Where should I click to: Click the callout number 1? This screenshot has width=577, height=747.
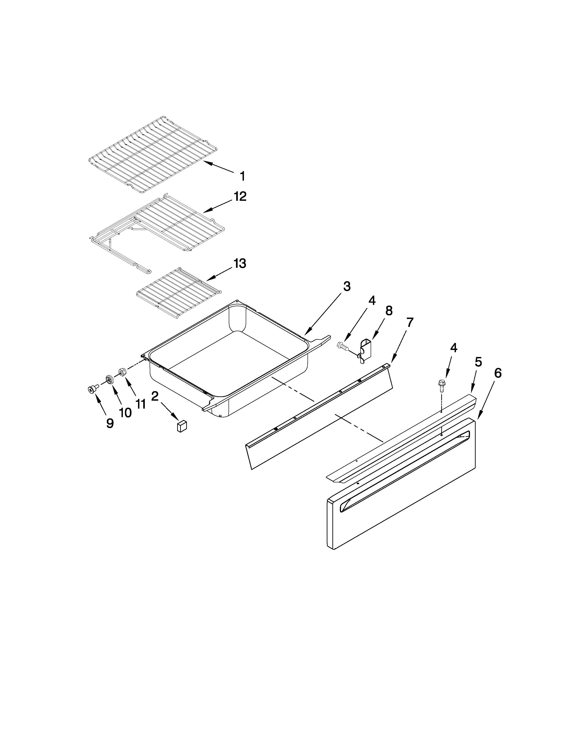click(x=242, y=177)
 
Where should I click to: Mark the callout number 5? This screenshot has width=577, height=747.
click(x=478, y=362)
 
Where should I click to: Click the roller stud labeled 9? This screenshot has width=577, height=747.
click(x=92, y=389)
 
